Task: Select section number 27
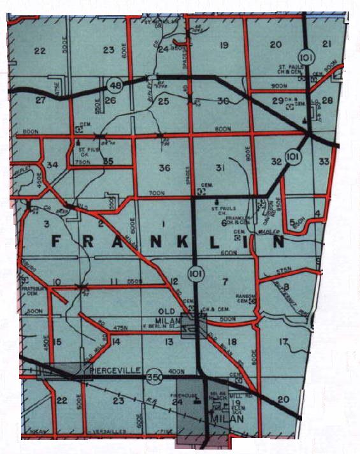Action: point(41,101)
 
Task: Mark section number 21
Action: point(327,43)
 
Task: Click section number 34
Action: point(53,165)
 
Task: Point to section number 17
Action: point(284,341)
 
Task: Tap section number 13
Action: point(168,342)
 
